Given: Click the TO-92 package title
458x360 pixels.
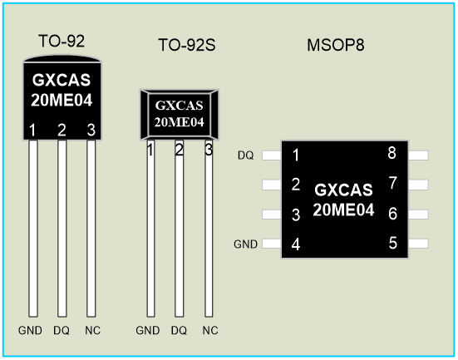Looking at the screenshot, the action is tap(62, 42).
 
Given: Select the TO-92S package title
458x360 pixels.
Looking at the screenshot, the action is tap(187, 45).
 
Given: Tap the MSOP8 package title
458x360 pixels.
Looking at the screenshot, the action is tap(336, 45).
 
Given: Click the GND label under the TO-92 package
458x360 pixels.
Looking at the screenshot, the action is tap(30, 331).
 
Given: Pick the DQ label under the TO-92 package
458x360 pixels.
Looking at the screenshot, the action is tap(62, 331).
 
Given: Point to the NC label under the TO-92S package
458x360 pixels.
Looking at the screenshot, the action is tap(210, 331).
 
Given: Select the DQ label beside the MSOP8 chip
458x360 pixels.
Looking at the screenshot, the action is tap(246, 155).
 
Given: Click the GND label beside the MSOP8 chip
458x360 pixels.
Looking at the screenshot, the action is tap(246, 244).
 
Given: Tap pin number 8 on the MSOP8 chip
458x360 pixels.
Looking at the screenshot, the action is tap(392, 153).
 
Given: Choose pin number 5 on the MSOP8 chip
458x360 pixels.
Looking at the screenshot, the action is tap(393, 243).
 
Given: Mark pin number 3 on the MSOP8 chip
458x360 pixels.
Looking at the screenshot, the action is tap(296, 215).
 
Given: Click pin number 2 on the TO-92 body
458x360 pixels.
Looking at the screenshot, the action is tap(62, 130).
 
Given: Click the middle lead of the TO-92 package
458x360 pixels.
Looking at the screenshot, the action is tap(62, 228).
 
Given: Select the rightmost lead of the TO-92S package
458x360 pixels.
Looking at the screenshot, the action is tap(209, 228).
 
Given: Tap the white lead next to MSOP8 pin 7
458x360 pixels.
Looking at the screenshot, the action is tap(418, 185).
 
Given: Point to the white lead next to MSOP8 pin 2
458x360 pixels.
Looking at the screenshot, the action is tap(272, 185).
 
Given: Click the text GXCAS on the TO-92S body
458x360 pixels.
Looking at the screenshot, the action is tap(179, 106).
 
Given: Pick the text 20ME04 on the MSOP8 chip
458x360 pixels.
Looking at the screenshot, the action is tap(343, 210).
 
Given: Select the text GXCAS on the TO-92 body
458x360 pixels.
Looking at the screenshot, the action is tap(62, 80).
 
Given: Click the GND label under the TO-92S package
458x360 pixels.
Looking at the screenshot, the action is tap(148, 331).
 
